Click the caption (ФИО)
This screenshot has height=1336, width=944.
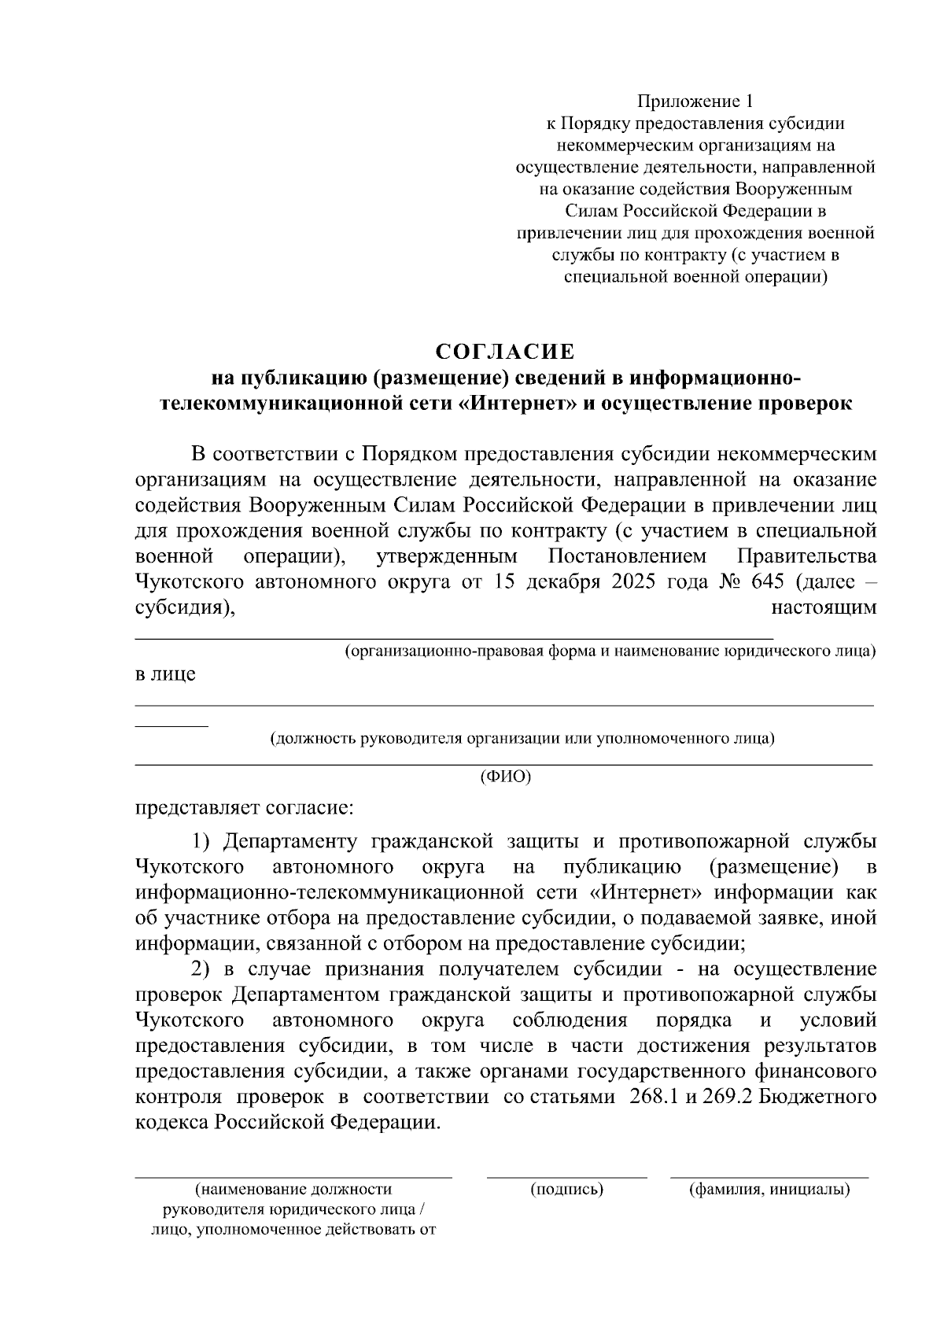tap(505, 777)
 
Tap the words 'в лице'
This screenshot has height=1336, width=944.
tap(164, 674)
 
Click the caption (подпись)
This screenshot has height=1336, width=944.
tap(567, 1189)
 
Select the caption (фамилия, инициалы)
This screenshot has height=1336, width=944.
tap(769, 1189)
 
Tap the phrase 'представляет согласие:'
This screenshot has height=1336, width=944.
tap(245, 808)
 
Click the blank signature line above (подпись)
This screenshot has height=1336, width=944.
tap(566, 1176)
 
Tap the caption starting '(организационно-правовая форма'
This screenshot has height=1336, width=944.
tap(610, 651)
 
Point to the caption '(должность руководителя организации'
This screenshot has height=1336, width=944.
tap(522, 738)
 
